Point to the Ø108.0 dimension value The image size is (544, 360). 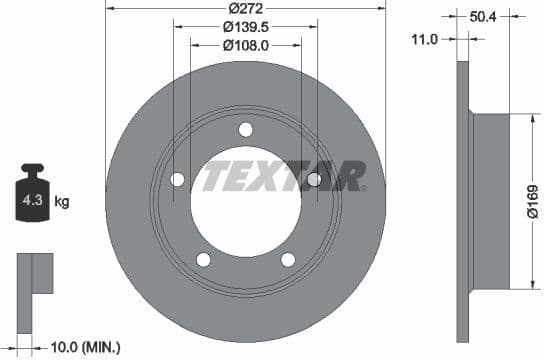[x=245, y=45]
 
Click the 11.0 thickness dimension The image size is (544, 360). [x=426, y=40]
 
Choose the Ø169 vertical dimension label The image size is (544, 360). [x=533, y=199]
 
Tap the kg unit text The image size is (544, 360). [x=62, y=202]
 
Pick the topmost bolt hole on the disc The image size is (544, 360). [x=245, y=129]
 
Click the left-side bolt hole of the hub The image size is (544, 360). [x=178, y=179]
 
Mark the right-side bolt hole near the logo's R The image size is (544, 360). [x=313, y=179]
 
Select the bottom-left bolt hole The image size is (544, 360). [x=204, y=260]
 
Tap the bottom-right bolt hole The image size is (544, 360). [x=288, y=260]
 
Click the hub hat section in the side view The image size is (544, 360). [x=490, y=199]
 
